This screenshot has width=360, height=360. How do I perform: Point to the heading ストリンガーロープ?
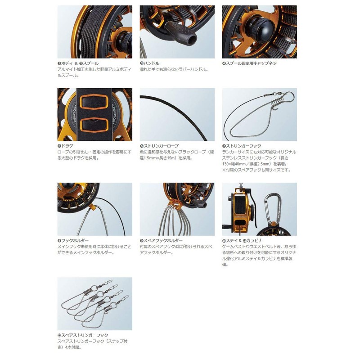[x=162, y=146]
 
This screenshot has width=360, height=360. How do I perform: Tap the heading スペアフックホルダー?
[x=163, y=241]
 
